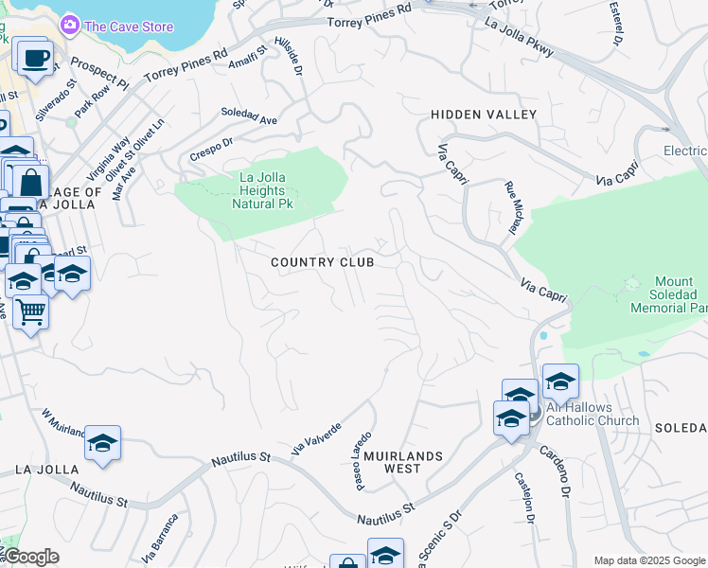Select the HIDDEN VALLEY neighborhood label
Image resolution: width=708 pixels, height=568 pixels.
tap(483, 115)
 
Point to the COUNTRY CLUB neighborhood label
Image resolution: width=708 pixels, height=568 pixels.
tap(322, 262)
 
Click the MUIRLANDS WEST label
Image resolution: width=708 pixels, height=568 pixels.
tap(403, 462)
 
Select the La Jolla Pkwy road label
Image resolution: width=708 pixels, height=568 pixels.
tap(519, 37)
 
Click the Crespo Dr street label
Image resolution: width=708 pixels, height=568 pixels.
tap(211, 148)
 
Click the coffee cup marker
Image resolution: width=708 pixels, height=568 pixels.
tap(35, 57)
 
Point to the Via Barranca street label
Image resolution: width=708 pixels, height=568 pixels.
tap(160, 539)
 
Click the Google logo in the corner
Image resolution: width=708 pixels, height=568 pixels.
tap(31, 557)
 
